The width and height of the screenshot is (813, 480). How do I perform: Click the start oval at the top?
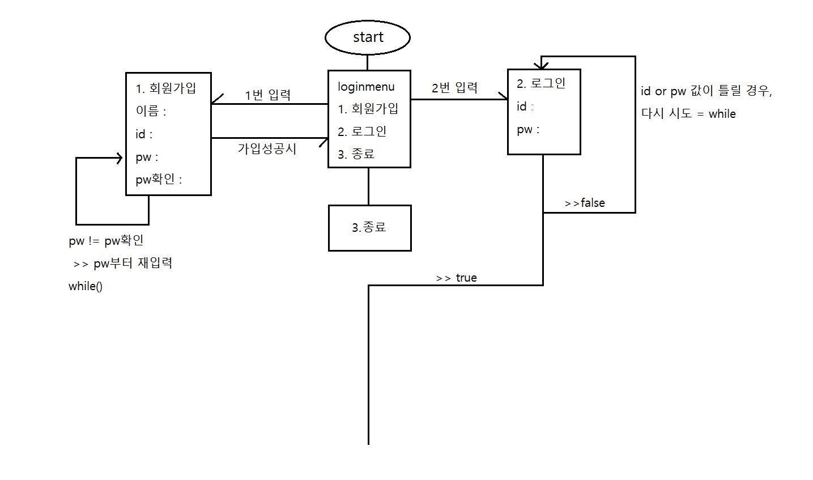367,37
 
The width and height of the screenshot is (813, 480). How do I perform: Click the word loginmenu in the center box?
366,87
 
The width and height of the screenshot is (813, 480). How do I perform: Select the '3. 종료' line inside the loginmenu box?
356,154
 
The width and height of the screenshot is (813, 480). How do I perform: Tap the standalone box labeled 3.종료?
369,228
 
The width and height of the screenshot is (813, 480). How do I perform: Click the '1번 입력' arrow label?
267,95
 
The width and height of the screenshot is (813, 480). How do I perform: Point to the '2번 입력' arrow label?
454,87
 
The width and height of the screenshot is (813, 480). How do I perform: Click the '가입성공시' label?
267,148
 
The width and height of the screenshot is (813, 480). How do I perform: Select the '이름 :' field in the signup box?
151,111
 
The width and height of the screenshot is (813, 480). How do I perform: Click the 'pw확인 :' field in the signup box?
159,180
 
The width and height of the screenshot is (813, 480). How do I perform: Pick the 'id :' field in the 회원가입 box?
144,134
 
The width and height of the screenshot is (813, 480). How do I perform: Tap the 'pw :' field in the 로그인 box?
527,129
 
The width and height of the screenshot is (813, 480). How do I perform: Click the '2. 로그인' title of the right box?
540,83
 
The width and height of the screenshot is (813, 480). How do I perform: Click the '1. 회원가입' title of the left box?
165,88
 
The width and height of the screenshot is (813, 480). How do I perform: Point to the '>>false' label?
585,203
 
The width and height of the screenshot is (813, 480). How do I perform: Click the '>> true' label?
457,278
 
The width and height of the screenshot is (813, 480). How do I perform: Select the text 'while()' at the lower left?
86,286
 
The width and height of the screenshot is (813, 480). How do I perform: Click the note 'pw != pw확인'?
106,241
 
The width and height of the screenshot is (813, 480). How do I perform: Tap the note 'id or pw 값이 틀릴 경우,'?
706,91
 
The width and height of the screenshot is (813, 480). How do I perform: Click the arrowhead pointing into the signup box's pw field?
120,158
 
